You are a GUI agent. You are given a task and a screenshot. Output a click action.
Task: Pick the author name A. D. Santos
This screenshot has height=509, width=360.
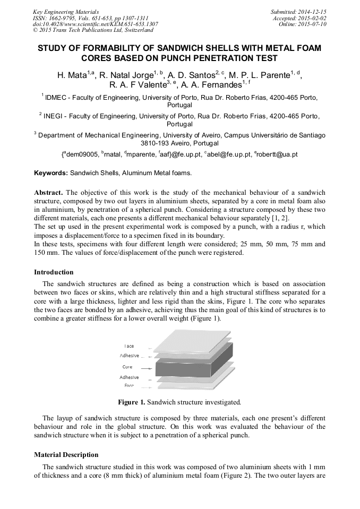pos(188,76)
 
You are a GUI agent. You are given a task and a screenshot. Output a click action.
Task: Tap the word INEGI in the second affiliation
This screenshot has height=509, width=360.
pos(55,115)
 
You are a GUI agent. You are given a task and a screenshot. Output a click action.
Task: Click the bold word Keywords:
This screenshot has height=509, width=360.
pos(51,173)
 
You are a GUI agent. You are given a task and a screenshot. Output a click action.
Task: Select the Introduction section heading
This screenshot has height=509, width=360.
pos(54,272)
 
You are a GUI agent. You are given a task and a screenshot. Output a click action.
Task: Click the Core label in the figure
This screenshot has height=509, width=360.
pos(127,367)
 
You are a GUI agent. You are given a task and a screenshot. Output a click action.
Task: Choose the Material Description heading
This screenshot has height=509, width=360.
pos(66,455)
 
